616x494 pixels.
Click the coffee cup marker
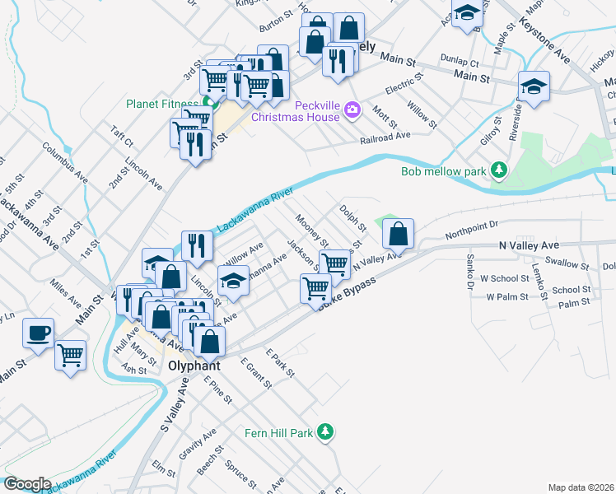point(39,333)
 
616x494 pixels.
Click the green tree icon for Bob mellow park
point(498,170)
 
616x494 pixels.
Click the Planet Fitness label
point(161,104)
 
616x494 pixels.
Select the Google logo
point(27,484)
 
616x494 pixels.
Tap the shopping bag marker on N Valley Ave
point(398,234)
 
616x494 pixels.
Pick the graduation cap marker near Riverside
point(534,87)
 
